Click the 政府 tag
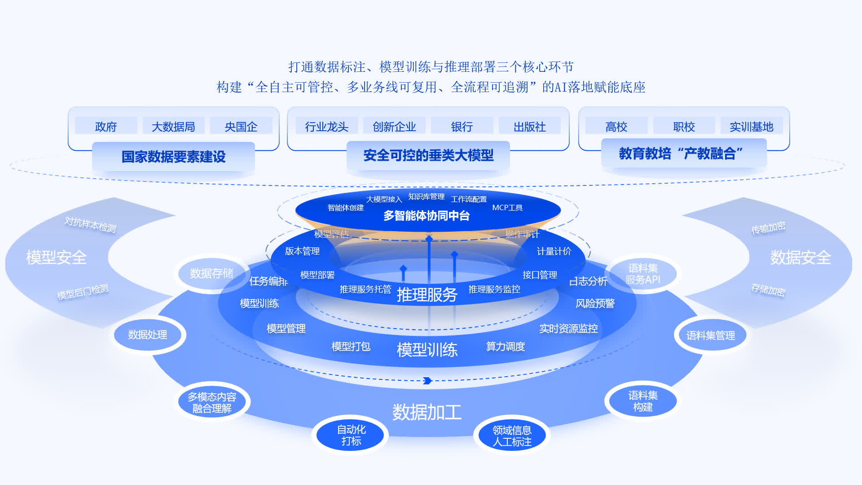point(106,127)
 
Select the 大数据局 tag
point(173,127)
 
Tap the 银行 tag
point(462,127)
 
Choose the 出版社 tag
point(530,127)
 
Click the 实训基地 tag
point(752,127)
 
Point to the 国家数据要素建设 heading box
point(173,157)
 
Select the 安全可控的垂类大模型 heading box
point(428,155)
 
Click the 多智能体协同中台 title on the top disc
point(427,216)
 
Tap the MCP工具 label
point(507,207)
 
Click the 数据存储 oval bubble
point(211,273)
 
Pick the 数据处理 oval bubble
point(148,335)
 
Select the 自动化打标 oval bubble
point(351,435)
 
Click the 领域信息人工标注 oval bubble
point(512,436)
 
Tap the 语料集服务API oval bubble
point(643,274)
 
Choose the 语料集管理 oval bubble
point(711,335)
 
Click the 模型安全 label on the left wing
point(56,257)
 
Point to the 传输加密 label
point(768,228)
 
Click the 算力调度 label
point(506,347)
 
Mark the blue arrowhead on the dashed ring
point(427,381)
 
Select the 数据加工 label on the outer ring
point(427,412)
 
